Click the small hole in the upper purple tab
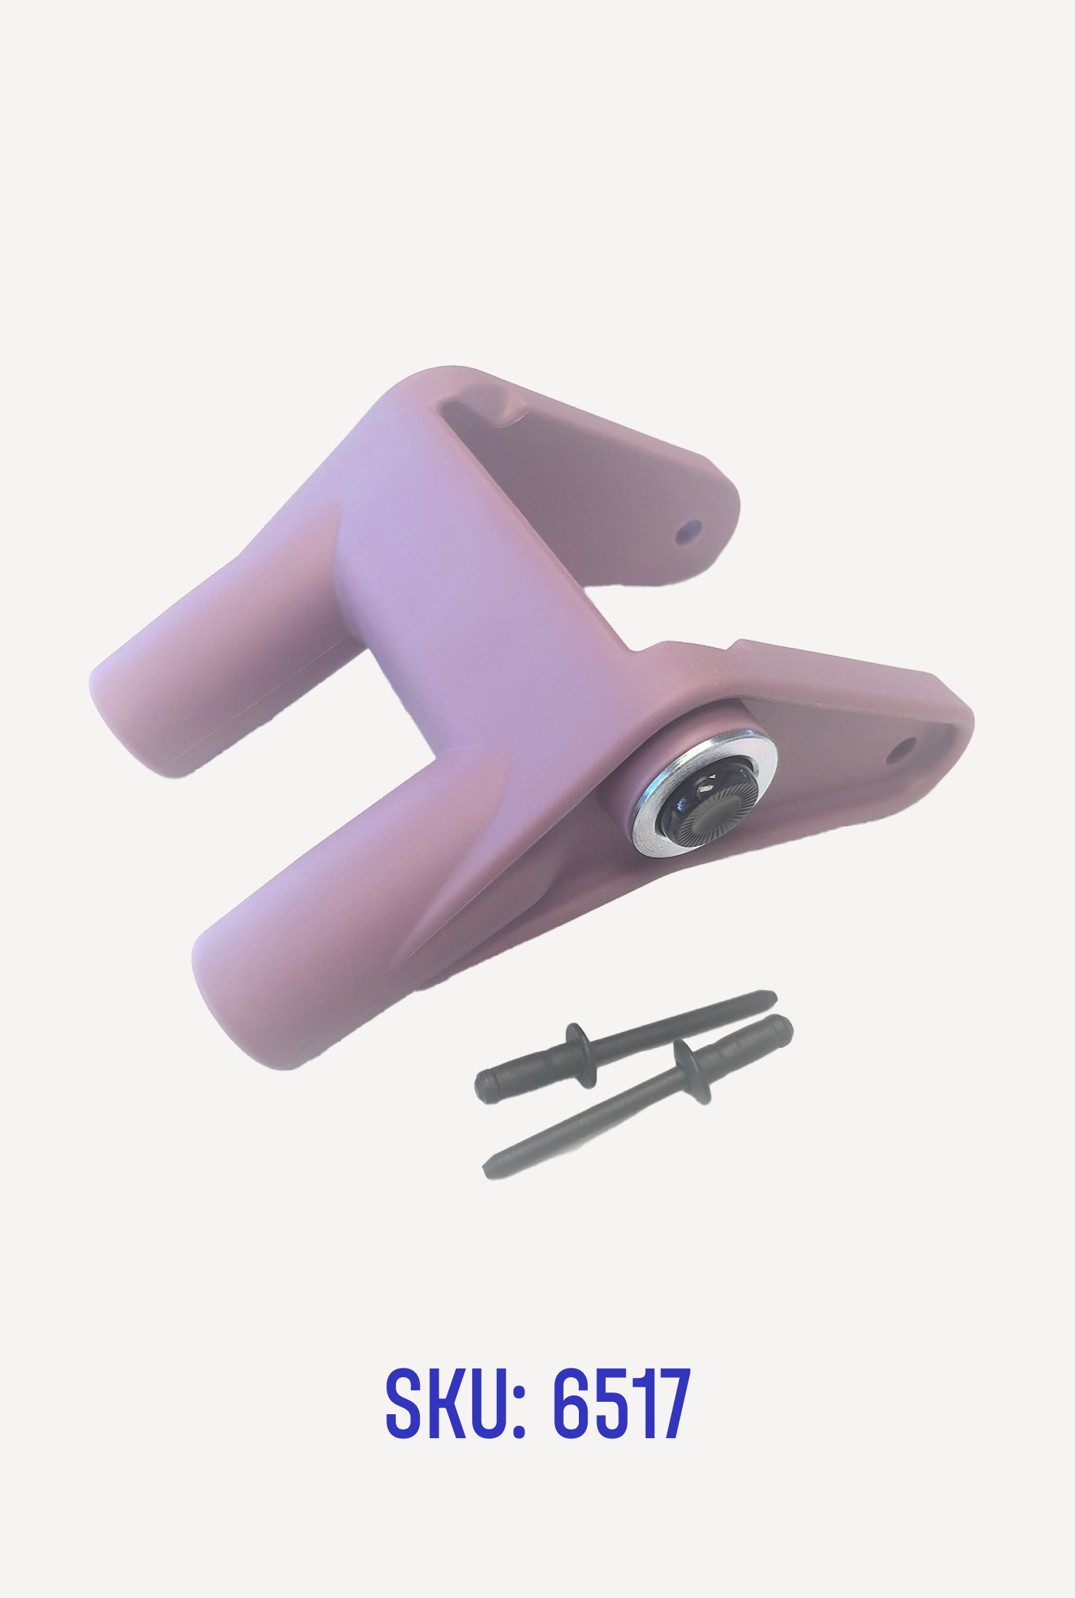[x=686, y=532]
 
